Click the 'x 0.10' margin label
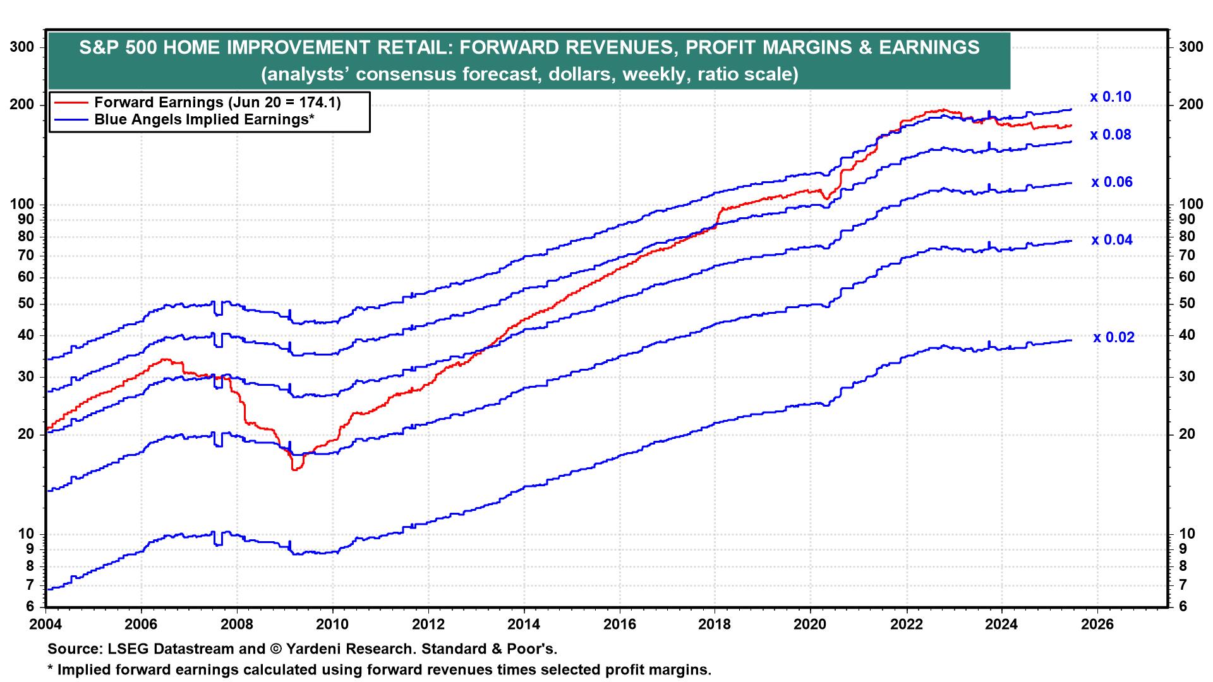pos(1110,97)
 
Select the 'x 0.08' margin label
pos(1110,135)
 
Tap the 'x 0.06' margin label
pos(1111,182)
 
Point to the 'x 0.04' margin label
pos(1111,240)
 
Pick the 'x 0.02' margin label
pos(1113,338)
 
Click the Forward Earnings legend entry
pos(217,103)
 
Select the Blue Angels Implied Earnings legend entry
pos(204,119)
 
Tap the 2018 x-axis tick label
pos(715,625)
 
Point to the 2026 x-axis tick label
pos(1097,625)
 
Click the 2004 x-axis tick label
pos(46,625)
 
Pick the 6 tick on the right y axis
pos(1181,607)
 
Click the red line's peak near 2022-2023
pos(943,111)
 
